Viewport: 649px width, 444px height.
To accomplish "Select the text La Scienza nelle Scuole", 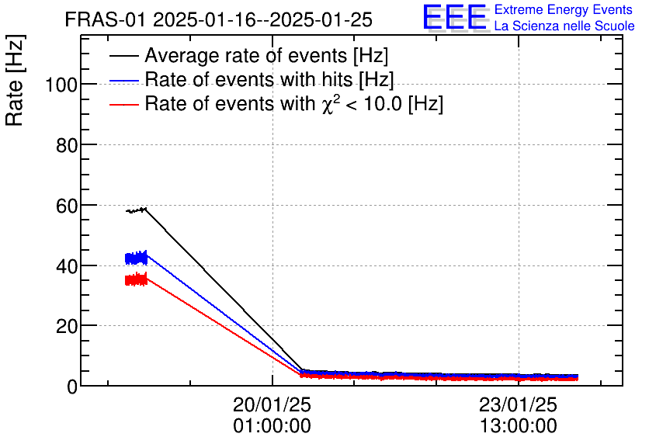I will pos(564,26).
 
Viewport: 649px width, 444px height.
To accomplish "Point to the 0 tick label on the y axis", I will pos(71,386).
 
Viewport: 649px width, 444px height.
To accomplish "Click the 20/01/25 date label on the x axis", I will pos(272,405).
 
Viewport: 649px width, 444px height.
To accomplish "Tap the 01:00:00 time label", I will pos(272,426).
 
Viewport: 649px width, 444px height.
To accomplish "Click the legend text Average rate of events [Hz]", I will pos(266,56).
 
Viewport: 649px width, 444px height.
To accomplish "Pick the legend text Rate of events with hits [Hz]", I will pos(269,80).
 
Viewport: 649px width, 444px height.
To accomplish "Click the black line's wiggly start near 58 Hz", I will pos(136,210).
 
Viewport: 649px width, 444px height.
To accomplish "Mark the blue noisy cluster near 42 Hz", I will pos(136,258).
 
